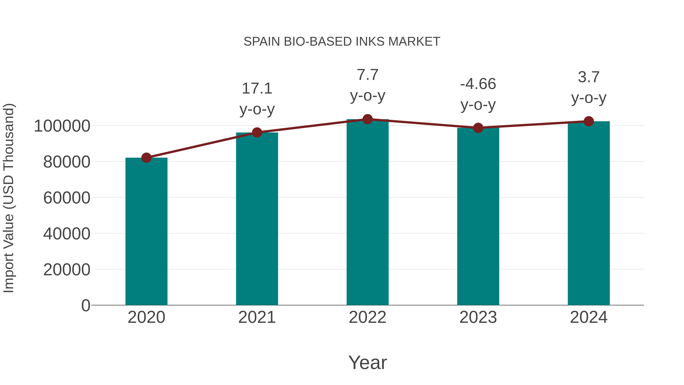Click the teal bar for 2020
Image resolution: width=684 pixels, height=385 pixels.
pyautogui.click(x=146, y=231)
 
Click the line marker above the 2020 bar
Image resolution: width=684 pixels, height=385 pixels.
pyautogui.click(x=146, y=158)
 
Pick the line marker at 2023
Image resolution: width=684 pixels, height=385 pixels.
pyautogui.click(x=478, y=128)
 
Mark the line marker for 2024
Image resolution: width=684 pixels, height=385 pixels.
pyautogui.click(x=589, y=121)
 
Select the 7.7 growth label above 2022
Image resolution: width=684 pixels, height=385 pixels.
pyautogui.click(x=367, y=85)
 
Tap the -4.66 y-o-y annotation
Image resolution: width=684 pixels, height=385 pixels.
pyautogui.click(x=478, y=94)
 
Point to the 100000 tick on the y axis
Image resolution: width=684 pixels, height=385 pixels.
pyautogui.click(x=62, y=126)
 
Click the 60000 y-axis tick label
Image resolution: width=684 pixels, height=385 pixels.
pyautogui.click(x=67, y=198)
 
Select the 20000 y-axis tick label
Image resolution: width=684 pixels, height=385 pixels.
pyautogui.click(x=67, y=270)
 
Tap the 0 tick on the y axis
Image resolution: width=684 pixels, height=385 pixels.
pyautogui.click(x=86, y=306)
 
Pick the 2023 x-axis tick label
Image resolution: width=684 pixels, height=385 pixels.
pyautogui.click(x=478, y=317)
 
